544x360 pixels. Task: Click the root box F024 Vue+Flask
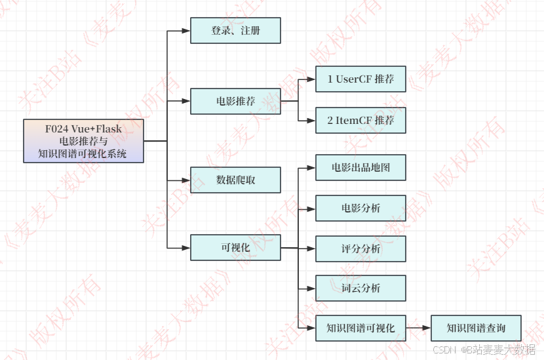pos(83,141)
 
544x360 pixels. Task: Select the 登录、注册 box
pos(235,30)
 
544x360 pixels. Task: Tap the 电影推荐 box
pos(235,101)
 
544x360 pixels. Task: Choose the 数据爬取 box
pos(235,180)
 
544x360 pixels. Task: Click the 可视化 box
pos(235,248)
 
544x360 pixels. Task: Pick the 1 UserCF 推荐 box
pos(360,79)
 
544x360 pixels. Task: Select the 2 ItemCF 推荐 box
pos(360,121)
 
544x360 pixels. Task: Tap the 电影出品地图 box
pos(360,168)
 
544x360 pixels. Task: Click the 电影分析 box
pos(360,208)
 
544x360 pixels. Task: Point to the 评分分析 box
pos(360,249)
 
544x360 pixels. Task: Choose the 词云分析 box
pos(360,288)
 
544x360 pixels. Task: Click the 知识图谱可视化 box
pos(360,328)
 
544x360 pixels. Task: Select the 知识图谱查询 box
pos(476,328)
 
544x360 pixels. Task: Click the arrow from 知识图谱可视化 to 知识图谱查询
pos(418,328)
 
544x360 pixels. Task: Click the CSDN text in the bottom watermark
pos(444,350)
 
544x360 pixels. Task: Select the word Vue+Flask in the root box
pos(96,129)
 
